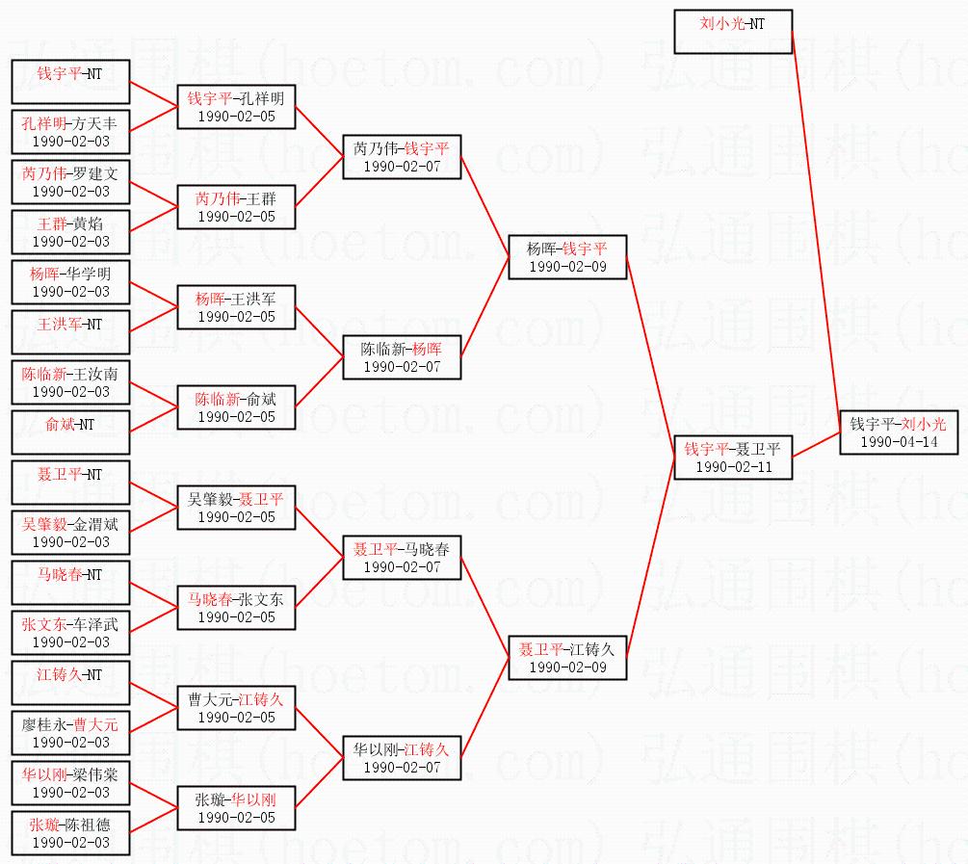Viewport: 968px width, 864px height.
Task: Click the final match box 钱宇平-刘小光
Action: pos(898,432)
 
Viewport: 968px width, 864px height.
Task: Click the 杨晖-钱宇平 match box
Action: pos(567,256)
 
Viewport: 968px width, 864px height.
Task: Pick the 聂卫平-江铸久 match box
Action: pos(567,657)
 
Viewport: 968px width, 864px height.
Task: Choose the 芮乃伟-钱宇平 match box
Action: pos(402,156)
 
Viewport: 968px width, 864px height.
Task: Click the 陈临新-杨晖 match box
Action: pos(402,356)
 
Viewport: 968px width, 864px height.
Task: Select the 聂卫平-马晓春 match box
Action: pos(402,557)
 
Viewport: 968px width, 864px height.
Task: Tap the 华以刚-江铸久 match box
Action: pos(402,757)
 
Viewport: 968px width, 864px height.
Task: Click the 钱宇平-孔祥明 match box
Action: pos(236,106)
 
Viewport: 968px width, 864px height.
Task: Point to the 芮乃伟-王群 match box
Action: pos(236,206)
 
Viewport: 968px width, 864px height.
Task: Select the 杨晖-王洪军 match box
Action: pos(236,306)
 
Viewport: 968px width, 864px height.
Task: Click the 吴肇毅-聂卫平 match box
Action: pos(236,507)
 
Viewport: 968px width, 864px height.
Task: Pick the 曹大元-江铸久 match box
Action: pos(236,707)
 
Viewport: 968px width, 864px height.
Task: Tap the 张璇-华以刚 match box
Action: pos(236,807)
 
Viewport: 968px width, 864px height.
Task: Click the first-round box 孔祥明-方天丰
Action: pos(70,132)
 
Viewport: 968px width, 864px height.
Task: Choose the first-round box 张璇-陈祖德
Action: pos(70,833)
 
